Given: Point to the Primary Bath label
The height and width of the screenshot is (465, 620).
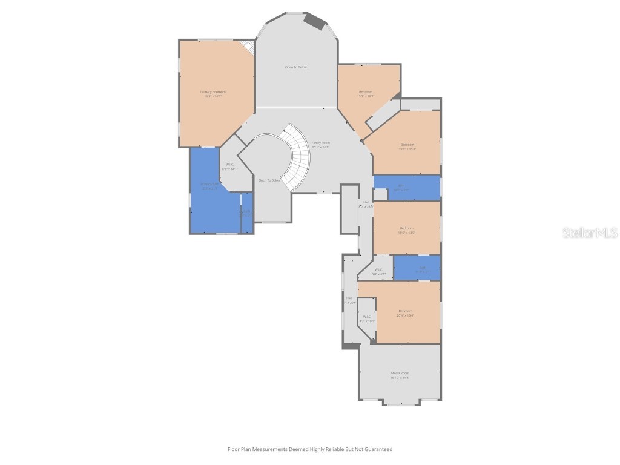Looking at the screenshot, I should tap(209, 186).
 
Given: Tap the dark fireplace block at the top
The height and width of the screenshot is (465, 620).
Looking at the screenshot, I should tap(314, 21).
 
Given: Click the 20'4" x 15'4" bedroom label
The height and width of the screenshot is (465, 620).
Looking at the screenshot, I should tap(405, 313).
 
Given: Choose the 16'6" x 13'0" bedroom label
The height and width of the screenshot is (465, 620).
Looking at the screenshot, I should tap(406, 230).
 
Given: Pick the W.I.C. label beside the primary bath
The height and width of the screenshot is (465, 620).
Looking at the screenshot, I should tap(230, 167).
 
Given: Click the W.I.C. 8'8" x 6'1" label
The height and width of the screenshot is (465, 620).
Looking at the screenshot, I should tap(378, 272).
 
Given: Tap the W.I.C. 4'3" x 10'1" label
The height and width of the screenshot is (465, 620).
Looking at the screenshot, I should tap(367, 318).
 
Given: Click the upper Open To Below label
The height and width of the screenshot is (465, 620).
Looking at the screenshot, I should tap(295, 67).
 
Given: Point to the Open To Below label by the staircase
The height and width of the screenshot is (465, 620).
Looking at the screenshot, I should tap(269, 180).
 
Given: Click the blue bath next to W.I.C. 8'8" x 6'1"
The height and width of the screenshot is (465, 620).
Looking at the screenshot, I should tap(417, 268).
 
